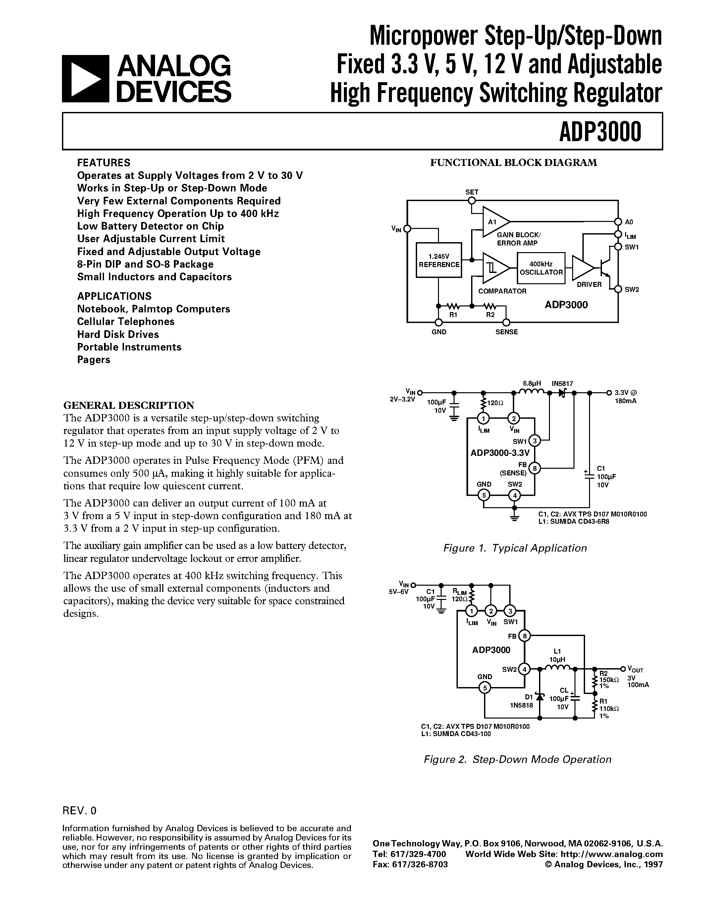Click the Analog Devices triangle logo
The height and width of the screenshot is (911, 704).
(x=85, y=79)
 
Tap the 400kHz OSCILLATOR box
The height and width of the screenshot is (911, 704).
(x=541, y=268)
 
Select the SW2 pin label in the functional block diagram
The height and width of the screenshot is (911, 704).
(x=632, y=290)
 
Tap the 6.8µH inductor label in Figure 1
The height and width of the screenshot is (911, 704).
(x=532, y=383)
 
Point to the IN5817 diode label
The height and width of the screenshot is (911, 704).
(x=562, y=383)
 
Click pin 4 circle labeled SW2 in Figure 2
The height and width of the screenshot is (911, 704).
(x=524, y=670)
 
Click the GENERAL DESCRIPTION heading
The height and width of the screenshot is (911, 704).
(x=129, y=405)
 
